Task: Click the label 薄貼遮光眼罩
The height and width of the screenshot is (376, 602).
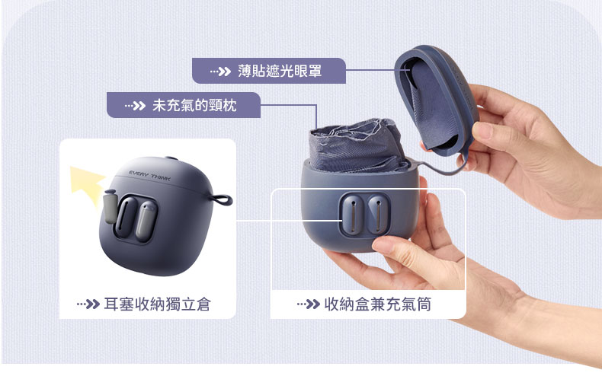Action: pyautogui.click(x=280, y=71)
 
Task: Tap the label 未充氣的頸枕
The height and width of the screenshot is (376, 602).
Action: pyautogui.click(x=194, y=105)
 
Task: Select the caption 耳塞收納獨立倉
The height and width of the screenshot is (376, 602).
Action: pyautogui.click(x=158, y=304)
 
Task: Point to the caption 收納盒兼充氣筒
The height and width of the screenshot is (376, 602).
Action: pyautogui.click(x=378, y=304)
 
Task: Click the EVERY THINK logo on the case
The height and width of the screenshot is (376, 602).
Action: pyautogui.click(x=149, y=176)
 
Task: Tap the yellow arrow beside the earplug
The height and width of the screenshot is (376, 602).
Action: pyautogui.click(x=88, y=184)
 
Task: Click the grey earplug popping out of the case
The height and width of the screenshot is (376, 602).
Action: pyautogui.click(x=110, y=206)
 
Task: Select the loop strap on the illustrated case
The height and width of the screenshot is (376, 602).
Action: pyautogui.click(x=222, y=199)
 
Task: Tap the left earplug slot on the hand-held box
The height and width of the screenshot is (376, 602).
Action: pyautogui.click(x=352, y=214)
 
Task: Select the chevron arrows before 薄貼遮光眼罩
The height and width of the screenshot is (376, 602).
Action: pyautogui.click(x=220, y=72)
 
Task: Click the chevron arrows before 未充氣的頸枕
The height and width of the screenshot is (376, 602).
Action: pyautogui.click(x=135, y=106)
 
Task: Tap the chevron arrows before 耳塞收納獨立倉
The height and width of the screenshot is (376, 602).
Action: pyautogui.click(x=88, y=304)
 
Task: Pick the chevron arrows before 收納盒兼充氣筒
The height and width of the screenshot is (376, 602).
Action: pyautogui.click(x=309, y=304)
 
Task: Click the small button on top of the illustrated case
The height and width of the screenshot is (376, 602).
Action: pyautogui.click(x=171, y=158)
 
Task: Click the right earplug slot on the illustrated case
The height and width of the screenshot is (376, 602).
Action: pyautogui.click(x=146, y=221)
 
